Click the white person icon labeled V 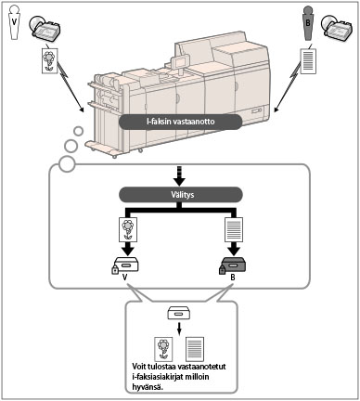(14, 22)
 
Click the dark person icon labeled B (308, 23)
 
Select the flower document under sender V (50, 60)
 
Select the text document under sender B (308, 60)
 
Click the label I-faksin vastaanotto (181, 122)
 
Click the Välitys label (181, 195)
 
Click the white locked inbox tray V (126, 264)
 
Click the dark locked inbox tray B (234, 264)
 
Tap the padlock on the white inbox (115, 270)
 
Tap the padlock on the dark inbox (223, 270)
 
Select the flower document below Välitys (128, 229)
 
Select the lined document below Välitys (234, 229)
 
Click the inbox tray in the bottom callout (178, 313)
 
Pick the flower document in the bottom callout (163, 349)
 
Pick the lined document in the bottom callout (195, 349)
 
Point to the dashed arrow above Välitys (180, 175)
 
